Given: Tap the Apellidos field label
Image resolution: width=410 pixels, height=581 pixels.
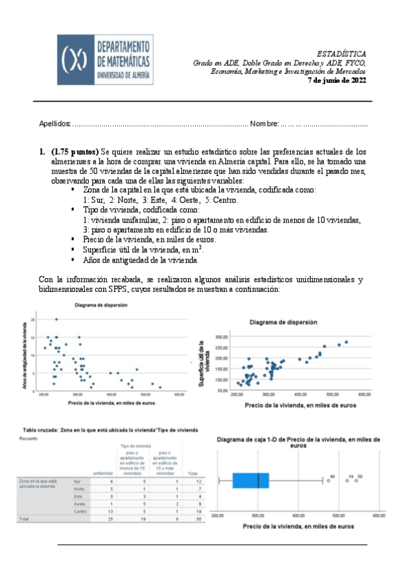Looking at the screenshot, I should (55, 124).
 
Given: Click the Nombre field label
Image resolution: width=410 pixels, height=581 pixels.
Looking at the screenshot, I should (264, 124).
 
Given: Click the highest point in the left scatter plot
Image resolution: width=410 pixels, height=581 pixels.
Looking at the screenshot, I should (56, 319).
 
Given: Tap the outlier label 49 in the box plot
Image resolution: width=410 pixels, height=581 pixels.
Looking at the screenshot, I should (331, 476).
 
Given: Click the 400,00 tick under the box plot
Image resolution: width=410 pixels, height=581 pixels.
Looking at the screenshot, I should (297, 515).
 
